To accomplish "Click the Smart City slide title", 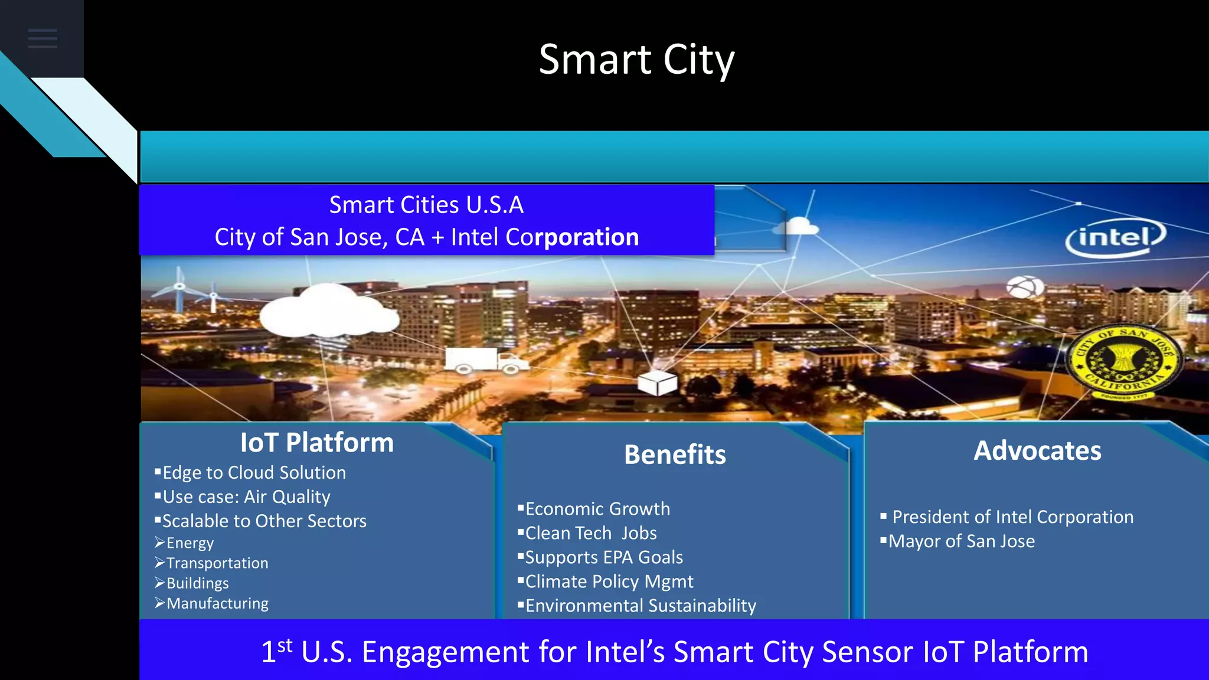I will (636, 60).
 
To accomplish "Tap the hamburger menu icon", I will (43, 39).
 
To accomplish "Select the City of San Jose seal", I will (1124, 361).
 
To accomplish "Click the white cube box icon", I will (657, 382).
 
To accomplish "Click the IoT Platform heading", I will (317, 443).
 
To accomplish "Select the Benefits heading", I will (675, 455).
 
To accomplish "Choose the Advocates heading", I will (1037, 451).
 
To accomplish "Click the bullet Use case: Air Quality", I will (246, 497).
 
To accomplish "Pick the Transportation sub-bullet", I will (217, 563).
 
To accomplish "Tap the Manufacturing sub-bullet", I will (217, 603).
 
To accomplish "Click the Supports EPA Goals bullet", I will (603, 557).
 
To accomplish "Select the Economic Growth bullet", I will (597, 509).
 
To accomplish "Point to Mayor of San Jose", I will (961, 541).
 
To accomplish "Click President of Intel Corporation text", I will (1012, 517).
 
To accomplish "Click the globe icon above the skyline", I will (1025, 287).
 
